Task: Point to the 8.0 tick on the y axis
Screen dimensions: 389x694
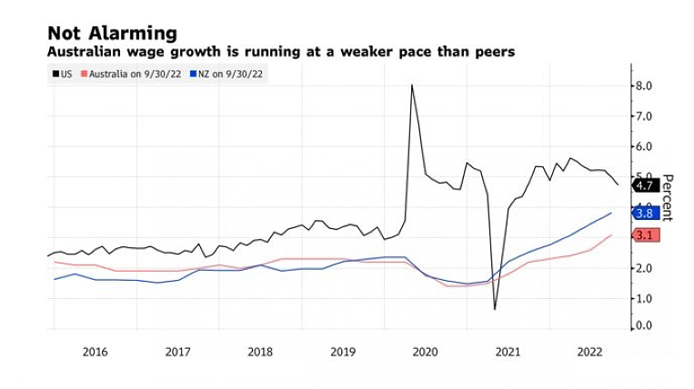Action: pyautogui.click(x=644, y=86)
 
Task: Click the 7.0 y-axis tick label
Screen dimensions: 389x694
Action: pyautogui.click(x=644, y=116)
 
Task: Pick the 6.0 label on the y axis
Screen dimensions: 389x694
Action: pyautogui.click(x=644, y=146)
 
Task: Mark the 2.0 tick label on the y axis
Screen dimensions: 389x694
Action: pyautogui.click(x=644, y=268)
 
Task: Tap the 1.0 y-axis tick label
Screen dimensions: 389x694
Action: pyautogui.click(x=644, y=298)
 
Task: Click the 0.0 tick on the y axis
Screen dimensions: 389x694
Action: pyautogui.click(x=644, y=325)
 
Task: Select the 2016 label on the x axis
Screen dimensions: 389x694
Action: pyautogui.click(x=95, y=352)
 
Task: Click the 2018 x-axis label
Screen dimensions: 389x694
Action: pyautogui.click(x=259, y=352)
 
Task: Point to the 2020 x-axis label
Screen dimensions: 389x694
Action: pyautogui.click(x=425, y=352)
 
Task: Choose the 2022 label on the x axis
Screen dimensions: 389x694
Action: pyautogui.click(x=590, y=352)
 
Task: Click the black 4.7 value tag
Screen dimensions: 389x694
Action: pyautogui.click(x=645, y=185)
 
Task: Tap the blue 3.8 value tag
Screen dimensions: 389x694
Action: pyautogui.click(x=645, y=213)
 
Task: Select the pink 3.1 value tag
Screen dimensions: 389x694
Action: pyautogui.click(x=645, y=235)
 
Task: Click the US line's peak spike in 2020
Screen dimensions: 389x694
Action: pyautogui.click(x=412, y=85)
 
